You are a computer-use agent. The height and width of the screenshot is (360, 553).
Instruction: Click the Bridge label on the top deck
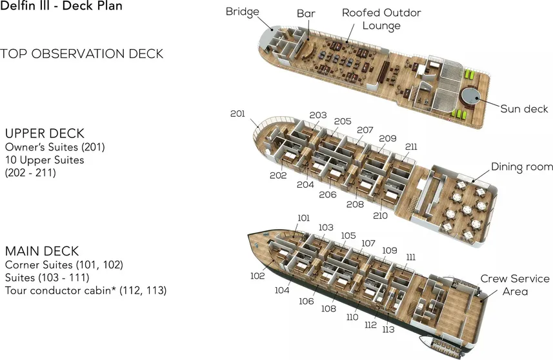click(x=243, y=12)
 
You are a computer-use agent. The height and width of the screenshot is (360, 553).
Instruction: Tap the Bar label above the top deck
click(x=305, y=14)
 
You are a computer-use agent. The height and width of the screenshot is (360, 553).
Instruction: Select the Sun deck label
click(x=524, y=109)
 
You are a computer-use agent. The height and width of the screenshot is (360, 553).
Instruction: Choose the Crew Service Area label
click(x=515, y=285)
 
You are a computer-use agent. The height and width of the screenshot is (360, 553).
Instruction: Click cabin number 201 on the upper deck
click(x=237, y=114)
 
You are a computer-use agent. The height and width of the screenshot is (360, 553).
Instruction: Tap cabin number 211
click(x=411, y=147)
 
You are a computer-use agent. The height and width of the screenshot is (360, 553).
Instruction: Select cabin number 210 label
click(x=381, y=215)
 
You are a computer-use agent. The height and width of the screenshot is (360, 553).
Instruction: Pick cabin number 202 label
click(x=278, y=175)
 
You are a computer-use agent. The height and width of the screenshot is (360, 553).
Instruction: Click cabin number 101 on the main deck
click(x=304, y=218)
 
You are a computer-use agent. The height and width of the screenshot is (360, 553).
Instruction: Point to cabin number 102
click(x=257, y=275)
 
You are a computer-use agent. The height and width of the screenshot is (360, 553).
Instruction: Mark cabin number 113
click(x=388, y=330)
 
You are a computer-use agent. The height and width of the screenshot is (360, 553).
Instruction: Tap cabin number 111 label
click(x=411, y=257)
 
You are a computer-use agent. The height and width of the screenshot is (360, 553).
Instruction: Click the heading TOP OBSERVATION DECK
click(x=82, y=54)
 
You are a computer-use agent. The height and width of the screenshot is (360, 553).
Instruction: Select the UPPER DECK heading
click(x=45, y=134)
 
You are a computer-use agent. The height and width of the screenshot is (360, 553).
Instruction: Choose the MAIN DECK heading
click(x=42, y=250)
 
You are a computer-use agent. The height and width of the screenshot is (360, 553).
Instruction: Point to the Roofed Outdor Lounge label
click(x=381, y=19)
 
